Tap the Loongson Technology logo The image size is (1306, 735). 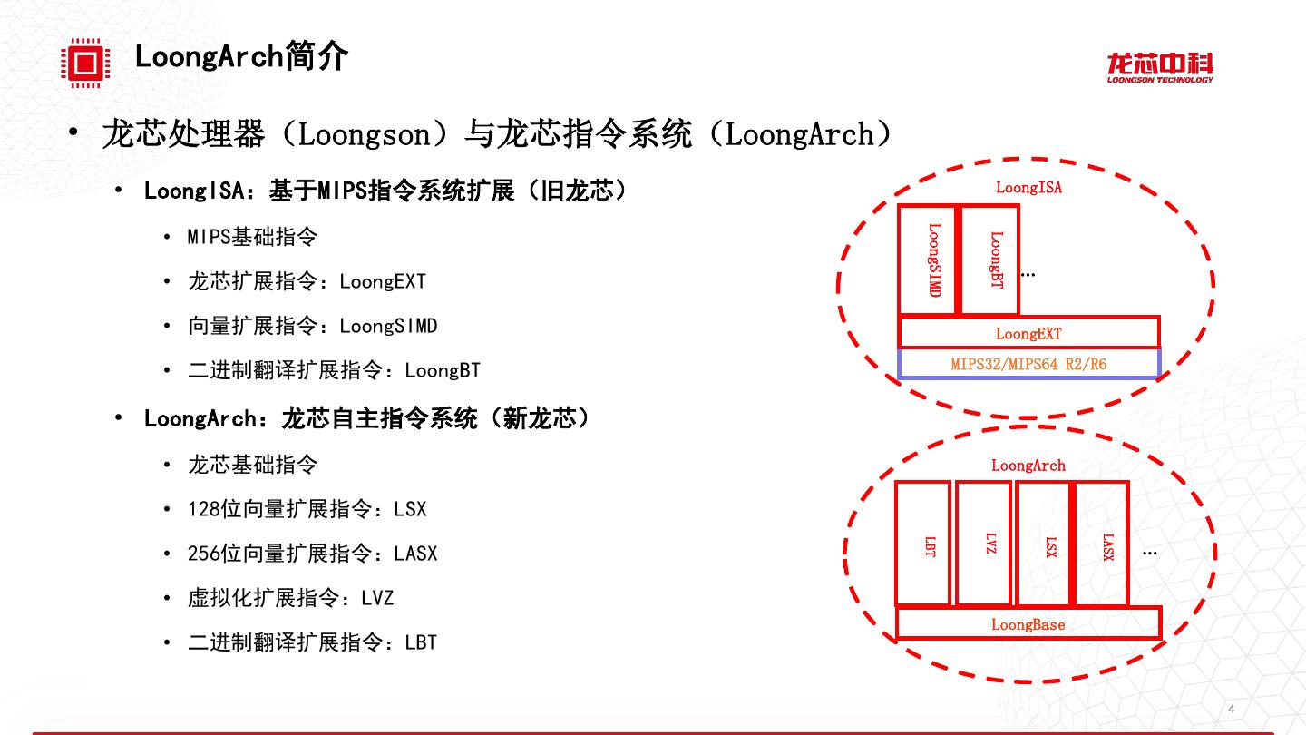click(x=1159, y=67)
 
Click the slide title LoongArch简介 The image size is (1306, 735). click(x=241, y=56)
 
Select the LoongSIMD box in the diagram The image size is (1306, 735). click(x=928, y=260)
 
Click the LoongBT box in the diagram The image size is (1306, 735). click(x=990, y=260)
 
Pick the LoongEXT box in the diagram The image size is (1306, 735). click(x=1028, y=333)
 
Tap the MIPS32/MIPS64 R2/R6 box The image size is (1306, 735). click(x=1028, y=364)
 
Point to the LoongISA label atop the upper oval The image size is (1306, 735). click(x=1028, y=188)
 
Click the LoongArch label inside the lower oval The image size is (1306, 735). click(x=1028, y=465)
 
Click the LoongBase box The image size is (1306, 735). click(x=1028, y=624)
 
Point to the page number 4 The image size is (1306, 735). click(x=1231, y=709)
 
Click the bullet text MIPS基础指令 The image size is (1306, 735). click(x=252, y=237)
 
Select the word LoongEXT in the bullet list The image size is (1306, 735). click(x=382, y=281)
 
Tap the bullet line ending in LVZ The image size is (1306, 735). click(x=290, y=598)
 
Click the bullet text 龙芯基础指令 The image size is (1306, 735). click(x=252, y=465)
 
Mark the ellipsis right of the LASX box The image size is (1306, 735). click(x=1150, y=552)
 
